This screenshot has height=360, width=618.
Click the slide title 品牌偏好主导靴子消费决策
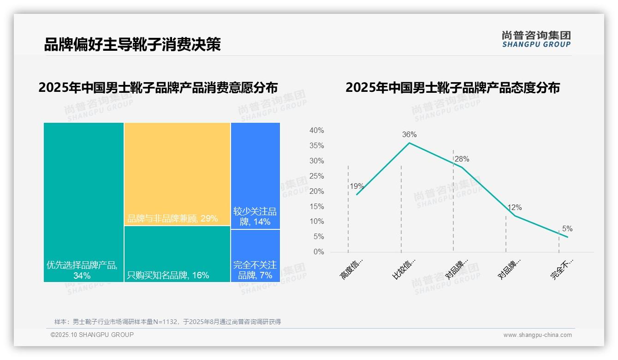(132, 44)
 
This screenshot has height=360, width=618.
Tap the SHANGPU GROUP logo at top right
(536, 39)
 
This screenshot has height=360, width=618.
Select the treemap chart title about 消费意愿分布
(158, 88)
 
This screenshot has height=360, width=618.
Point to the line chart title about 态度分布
(452, 88)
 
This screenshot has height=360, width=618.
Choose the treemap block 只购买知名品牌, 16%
(177, 254)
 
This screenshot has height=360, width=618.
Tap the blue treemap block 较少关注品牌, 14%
(255, 175)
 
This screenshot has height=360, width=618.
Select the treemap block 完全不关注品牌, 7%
(255, 255)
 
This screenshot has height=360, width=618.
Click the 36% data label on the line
(409, 135)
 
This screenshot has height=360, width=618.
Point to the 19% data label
(357, 186)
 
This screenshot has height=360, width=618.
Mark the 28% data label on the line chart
(462, 159)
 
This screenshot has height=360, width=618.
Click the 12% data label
(515, 208)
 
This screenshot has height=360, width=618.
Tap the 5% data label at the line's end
(567, 229)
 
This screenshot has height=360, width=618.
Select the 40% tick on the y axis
(316, 131)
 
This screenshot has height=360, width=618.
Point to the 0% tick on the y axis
(319, 252)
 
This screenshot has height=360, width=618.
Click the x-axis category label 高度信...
(352, 269)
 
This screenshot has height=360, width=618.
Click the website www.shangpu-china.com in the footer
(537, 335)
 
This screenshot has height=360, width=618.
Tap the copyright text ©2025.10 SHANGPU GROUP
(92, 335)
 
